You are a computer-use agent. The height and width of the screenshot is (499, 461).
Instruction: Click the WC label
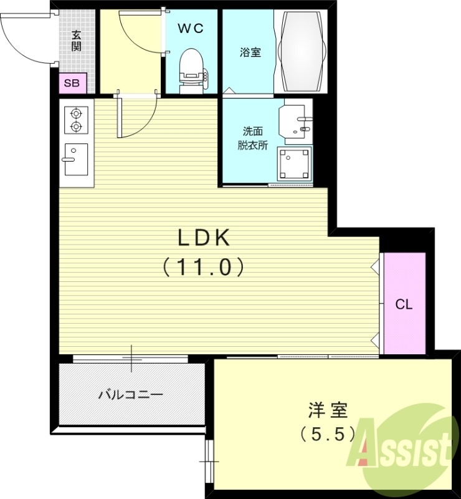coord(191,28)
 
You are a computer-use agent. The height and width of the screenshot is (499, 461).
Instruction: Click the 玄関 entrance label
coord(76,41)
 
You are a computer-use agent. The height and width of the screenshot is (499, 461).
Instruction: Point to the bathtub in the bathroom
coord(301,52)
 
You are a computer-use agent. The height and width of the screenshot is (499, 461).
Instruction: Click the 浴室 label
coord(250,52)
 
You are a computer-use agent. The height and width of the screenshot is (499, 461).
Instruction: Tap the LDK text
coord(204,238)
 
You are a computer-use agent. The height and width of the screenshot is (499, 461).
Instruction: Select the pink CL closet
coord(404,304)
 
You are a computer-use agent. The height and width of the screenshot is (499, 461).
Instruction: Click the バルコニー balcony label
coord(131,394)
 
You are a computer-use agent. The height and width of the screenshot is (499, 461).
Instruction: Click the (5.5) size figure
coord(327,432)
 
